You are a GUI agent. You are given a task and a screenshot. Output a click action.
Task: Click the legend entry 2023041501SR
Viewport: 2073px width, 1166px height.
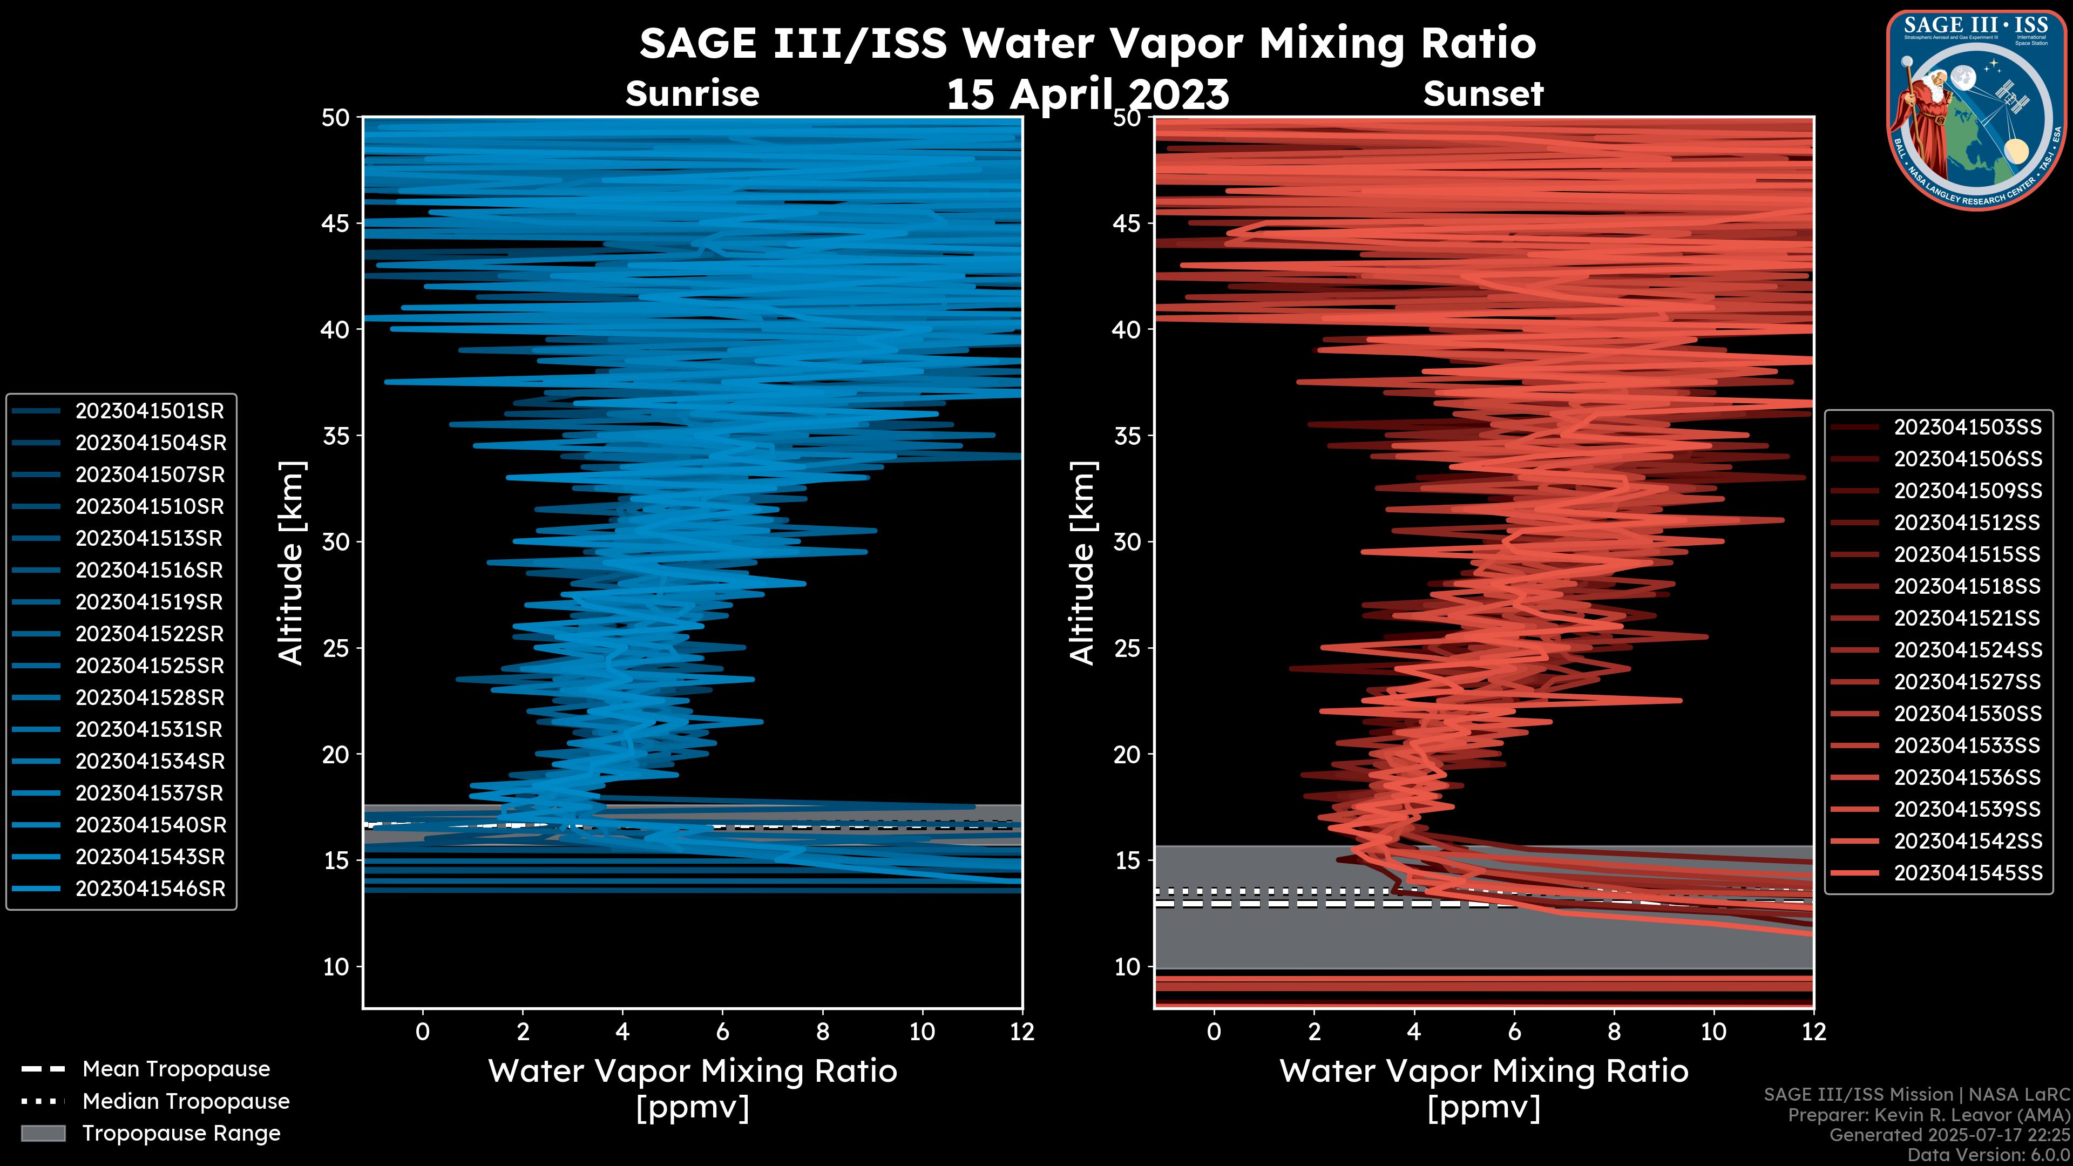[x=150, y=411]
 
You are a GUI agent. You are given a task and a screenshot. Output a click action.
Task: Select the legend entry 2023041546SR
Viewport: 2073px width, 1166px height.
[x=150, y=889]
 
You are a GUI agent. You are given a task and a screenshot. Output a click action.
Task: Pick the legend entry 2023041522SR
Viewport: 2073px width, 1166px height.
[x=150, y=634]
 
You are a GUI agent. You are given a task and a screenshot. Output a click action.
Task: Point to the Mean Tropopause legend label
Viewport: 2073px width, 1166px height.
[x=176, y=1069]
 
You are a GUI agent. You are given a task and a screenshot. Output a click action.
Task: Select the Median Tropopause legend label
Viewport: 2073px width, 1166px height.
[x=186, y=1102]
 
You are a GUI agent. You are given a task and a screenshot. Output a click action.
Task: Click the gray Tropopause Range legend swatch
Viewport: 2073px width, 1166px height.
[x=43, y=1134]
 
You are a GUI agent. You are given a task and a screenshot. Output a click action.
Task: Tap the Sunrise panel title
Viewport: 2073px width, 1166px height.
[x=692, y=94]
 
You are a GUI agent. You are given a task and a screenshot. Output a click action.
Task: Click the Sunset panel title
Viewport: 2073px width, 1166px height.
[x=1483, y=94]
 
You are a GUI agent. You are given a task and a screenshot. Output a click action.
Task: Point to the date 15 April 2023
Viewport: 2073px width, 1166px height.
[x=1087, y=95]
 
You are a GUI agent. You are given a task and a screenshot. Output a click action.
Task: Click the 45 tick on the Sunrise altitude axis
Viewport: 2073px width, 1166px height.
[x=336, y=223]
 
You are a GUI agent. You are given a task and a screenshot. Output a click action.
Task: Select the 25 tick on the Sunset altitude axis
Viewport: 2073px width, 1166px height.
[x=1127, y=648]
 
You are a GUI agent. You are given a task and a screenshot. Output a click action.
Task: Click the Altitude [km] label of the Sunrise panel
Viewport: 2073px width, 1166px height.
[x=292, y=562]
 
